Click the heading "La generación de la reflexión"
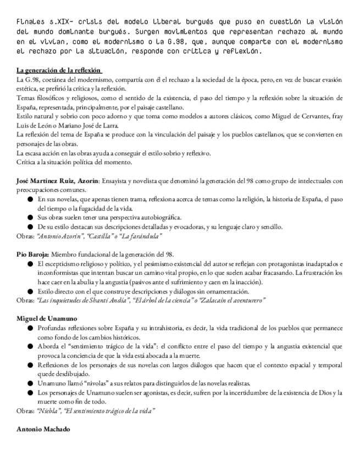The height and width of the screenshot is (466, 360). tap(59, 70)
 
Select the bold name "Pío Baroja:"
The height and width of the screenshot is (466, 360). tap(34, 254)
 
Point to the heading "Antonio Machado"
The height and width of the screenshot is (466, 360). tap(43, 429)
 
